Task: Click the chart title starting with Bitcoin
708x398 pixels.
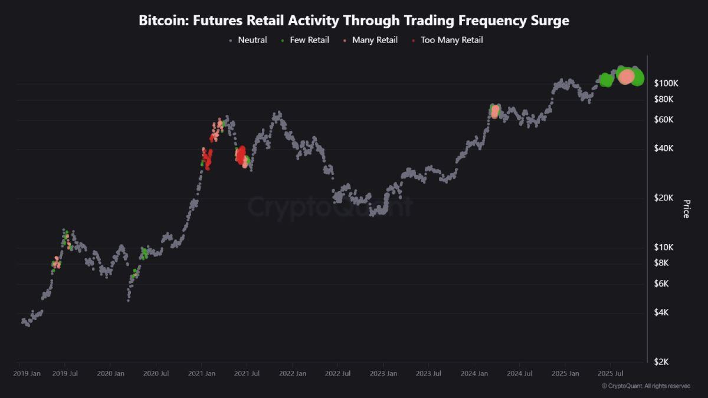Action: point(354,20)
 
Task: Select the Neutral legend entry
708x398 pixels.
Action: point(248,40)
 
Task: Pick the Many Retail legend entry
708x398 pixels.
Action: point(371,40)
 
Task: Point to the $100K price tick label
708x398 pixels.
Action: point(666,83)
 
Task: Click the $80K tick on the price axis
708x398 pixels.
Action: point(664,99)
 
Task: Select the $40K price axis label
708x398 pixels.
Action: point(664,148)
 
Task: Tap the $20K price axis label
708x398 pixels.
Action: point(664,198)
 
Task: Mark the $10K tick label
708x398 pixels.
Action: point(664,247)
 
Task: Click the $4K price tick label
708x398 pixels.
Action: point(661,312)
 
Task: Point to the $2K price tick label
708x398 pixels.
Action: point(661,361)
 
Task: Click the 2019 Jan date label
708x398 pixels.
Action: point(27,373)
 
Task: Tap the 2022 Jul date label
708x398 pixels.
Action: point(337,373)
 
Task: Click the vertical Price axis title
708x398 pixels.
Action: point(686,209)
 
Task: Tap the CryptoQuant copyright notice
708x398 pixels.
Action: point(645,386)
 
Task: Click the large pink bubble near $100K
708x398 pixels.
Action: point(627,76)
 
